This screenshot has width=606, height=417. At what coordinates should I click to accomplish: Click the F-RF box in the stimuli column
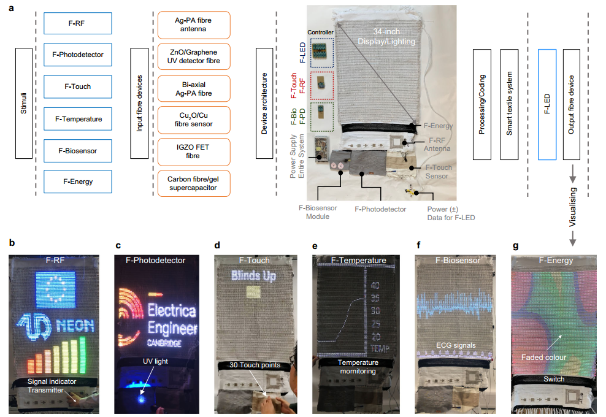tap(78, 23)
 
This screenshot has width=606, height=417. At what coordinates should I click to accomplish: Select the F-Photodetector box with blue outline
tap(78, 55)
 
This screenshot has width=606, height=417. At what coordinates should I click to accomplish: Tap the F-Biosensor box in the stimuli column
tap(78, 150)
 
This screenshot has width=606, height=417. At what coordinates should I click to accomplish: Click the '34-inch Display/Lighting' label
tap(386, 36)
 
